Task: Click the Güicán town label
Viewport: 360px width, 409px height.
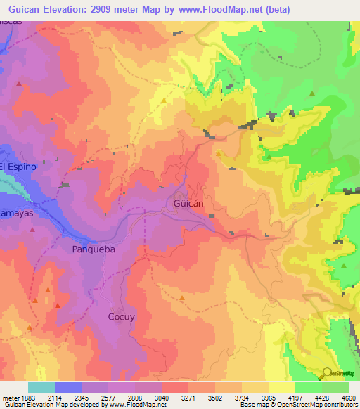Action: tap(188, 203)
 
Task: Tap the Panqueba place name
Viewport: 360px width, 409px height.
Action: tap(93, 249)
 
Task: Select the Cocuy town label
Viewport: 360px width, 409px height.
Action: tap(121, 316)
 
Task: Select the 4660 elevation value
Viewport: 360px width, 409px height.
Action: tap(349, 397)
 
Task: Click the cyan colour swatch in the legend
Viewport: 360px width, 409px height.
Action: tap(41, 387)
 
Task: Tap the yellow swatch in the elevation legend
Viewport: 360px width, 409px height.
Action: tap(281, 387)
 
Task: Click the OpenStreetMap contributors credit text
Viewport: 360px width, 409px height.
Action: tap(318, 405)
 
